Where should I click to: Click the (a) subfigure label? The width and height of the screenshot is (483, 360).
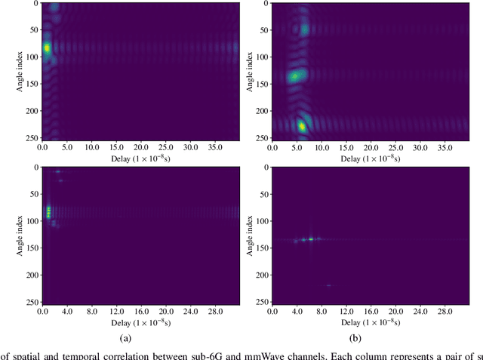point(139,339)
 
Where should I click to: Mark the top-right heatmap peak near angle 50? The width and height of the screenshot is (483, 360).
point(304,29)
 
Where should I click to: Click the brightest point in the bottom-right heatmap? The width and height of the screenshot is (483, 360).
point(310,238)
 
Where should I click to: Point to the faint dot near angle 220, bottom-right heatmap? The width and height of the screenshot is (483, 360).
point(328,285)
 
